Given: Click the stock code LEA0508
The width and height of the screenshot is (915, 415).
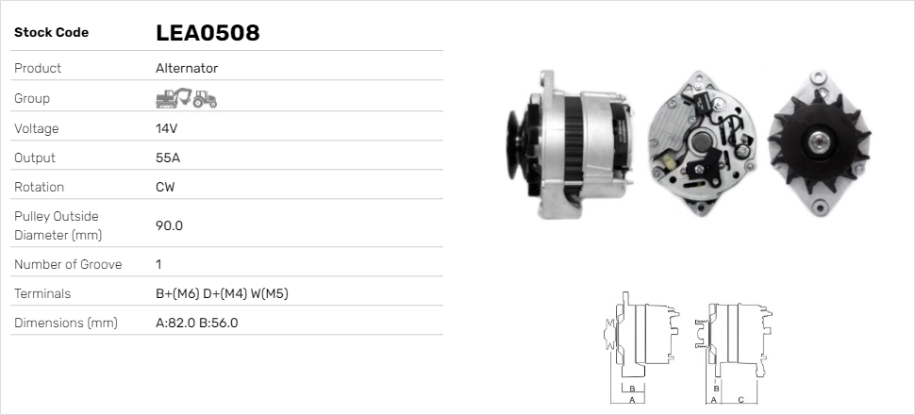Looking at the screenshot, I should (x=208, y=33).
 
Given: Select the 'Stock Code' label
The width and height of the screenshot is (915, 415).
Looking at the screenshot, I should (x=51, y=33).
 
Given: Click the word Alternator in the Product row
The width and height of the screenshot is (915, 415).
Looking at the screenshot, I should (x=187, y=68).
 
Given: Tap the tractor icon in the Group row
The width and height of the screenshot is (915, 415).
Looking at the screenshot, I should (x=205, y=98).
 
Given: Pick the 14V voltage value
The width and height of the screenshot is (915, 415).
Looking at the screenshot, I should (x=166, y=128).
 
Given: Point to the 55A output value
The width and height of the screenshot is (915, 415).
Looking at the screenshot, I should (x=167, y=158).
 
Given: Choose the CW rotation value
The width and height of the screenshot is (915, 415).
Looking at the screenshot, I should (x=165, y=187).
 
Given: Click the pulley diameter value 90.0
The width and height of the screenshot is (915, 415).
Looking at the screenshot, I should (x=169, y=225).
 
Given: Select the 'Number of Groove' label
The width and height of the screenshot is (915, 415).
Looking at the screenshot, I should (x=68, y=264).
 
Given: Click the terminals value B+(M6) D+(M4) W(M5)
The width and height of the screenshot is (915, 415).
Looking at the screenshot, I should (x=222, y=293).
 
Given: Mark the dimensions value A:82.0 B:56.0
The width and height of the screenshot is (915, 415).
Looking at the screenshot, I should (x=196, y=323).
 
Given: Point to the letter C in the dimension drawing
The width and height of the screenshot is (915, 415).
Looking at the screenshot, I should (x=740, y=400).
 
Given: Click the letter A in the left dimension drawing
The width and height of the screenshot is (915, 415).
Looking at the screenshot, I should (x=631, y=400).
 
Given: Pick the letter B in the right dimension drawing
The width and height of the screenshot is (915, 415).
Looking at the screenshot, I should (x=717, y=388).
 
